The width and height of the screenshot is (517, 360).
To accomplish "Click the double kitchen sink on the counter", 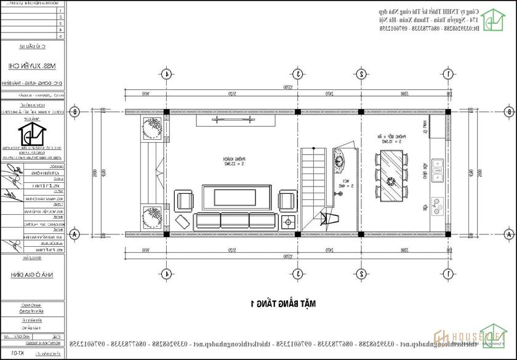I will (x=437, y=170).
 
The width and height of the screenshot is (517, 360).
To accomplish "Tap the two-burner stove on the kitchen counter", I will (x=438, y=204).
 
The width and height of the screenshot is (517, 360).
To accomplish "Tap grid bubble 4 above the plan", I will (x=166, y=74).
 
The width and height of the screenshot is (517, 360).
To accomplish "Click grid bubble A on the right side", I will (x=509, y=235).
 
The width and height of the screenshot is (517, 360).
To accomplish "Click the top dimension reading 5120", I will (x=232, y=94).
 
